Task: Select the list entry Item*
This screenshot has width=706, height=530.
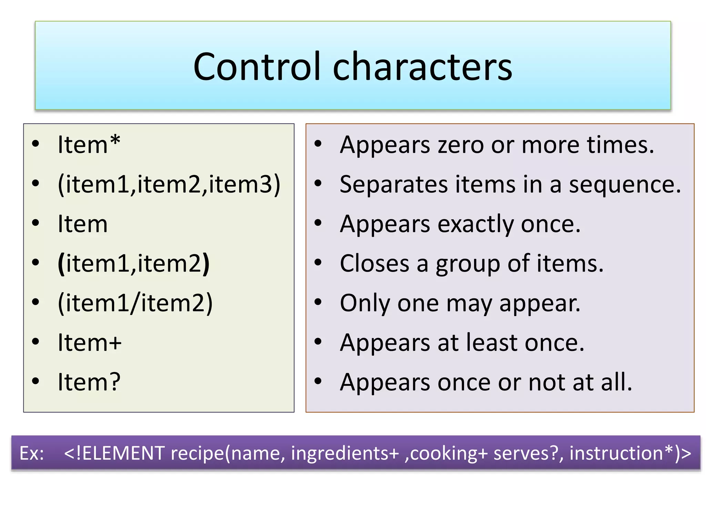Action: [89, 145]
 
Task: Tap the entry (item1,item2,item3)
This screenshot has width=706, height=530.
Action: [169, 184]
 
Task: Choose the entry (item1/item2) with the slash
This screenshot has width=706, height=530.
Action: [135, 303]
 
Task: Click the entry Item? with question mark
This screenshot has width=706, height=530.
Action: [89, 382]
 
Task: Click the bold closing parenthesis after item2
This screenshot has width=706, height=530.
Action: [206, 264]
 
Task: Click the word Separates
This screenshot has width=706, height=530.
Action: [393, 185]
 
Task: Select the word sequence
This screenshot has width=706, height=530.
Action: [624, 185]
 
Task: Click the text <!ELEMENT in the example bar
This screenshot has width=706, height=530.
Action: [114, 453]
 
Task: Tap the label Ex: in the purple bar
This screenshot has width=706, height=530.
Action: [32, 453]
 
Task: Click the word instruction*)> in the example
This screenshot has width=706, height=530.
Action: [630, 453]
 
